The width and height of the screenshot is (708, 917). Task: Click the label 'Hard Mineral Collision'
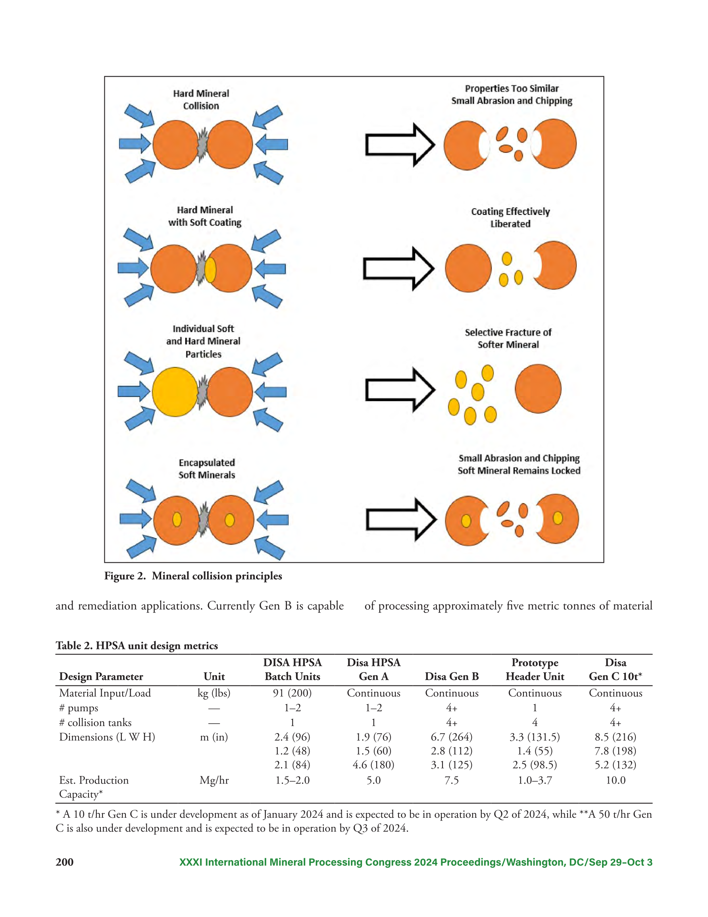coord(201,100)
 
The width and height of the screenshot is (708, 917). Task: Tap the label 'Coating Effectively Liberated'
coord(510,218)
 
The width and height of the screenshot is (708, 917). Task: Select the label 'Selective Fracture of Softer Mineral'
coord(508,338)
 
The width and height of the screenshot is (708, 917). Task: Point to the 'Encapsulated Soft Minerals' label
coord(206,469)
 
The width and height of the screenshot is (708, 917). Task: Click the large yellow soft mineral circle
coord(175,392)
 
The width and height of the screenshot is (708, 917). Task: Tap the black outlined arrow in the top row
coord(400,145)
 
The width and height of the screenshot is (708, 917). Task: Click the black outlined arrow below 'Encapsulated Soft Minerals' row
coord(401,519)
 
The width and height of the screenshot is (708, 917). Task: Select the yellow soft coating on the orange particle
coord(210,270)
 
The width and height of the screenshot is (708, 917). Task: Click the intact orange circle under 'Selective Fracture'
coord(538,388)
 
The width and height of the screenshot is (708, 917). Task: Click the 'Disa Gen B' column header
coord(452,676)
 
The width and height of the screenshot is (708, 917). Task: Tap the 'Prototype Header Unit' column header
coord(535,670)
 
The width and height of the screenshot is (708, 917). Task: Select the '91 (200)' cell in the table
coord(292,693)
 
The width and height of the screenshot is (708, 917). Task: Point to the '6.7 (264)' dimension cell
coord(452,737)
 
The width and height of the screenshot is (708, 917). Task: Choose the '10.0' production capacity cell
coord(615,780)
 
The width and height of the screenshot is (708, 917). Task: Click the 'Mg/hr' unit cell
coord(214,780)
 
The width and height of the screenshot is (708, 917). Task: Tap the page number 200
coord(65,862)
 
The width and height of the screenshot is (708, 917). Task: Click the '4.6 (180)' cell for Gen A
coord(373,764)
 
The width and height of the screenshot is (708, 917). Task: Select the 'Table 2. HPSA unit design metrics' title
coord(137,645)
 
